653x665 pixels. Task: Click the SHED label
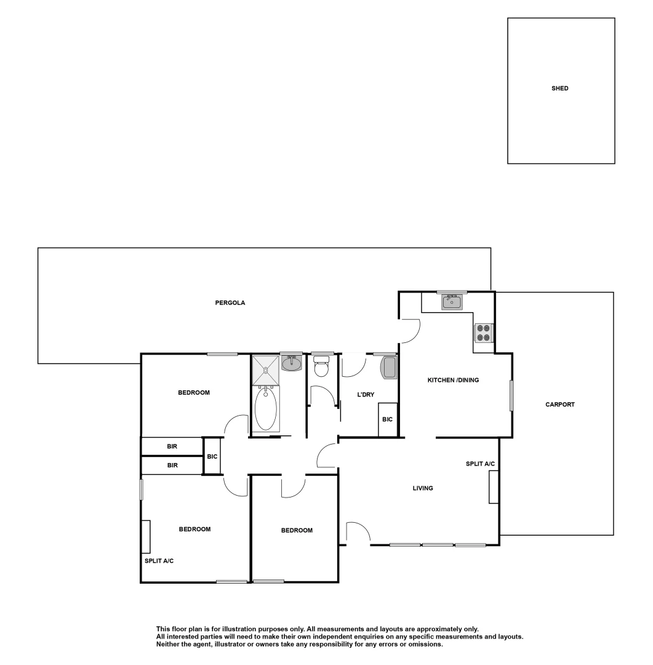point(559,89)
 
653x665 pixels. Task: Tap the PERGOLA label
point(226,302)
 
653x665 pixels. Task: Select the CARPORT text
point(559,405)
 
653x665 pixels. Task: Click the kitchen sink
point(452,302)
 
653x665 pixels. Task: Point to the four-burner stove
point(483,332)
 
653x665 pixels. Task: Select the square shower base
point(265,370)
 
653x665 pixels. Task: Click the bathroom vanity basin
point(291,364)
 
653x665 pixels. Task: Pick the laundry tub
point(389,368)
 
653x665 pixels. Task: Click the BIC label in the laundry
point(387,419)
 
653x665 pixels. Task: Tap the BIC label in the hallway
point(212,456)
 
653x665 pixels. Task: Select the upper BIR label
point(172,446)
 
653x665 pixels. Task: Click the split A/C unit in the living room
point(493,487)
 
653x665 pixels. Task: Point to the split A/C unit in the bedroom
point(146,537)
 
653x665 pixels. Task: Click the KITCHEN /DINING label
point(453,380)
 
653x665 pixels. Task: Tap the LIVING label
point(423,488)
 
